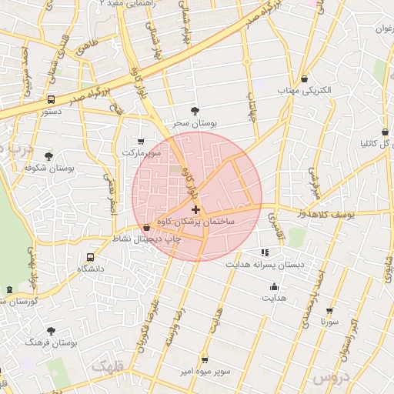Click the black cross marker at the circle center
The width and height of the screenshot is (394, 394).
196,209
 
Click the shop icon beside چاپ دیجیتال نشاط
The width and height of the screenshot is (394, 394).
147,228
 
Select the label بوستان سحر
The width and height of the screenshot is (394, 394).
195,122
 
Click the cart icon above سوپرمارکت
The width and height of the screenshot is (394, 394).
140,141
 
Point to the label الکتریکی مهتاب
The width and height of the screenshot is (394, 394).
306,90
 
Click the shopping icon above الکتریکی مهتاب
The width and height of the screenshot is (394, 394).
306,78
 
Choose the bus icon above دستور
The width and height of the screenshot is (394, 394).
52,99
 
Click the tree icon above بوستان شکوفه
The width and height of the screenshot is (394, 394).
49,155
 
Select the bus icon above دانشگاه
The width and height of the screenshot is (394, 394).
91,257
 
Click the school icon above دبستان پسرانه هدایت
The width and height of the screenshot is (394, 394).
265,252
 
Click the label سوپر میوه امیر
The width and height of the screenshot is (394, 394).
203,372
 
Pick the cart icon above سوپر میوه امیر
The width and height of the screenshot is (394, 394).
204,359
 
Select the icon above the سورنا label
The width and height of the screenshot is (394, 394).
330,312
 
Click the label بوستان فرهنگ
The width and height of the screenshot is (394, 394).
52,342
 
